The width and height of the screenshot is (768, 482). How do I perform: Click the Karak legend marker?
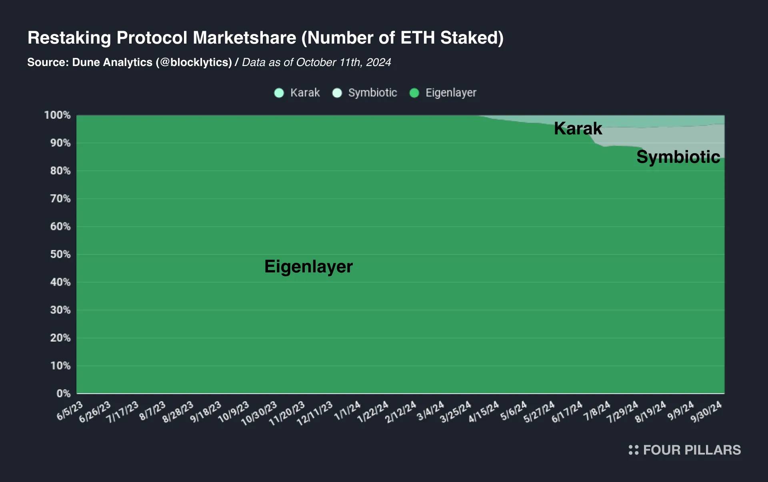point(279,93)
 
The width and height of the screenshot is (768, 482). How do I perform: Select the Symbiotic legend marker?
point(337,93)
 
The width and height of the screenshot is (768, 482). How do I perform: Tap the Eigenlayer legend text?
point(451,93)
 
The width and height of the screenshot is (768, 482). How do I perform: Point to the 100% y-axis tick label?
point(57,115)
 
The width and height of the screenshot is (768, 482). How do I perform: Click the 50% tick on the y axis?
point(60,254)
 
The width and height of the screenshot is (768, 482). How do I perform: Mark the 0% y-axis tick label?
point(63,394)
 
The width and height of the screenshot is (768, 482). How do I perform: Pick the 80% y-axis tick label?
point(60,171)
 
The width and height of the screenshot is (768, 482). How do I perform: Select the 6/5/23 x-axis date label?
point(70,411)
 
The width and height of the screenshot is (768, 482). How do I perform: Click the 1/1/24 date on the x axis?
point(347,411)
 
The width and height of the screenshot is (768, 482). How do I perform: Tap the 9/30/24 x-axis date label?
point(706,412)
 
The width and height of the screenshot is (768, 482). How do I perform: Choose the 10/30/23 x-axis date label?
point(259,413)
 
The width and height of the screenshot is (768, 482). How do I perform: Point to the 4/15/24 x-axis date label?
point(484,412)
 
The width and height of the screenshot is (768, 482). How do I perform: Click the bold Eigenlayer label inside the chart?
point(308,266)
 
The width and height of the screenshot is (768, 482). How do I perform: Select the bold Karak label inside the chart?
point(578,128)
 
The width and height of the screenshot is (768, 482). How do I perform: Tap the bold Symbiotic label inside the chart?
point(678,157)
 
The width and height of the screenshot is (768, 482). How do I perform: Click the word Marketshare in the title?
point(244,38)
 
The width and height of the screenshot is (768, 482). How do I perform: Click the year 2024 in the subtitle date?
point(378,62)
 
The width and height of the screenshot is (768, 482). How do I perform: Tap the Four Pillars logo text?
point(692,450)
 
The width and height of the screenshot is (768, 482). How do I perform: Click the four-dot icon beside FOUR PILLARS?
point(633,450)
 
